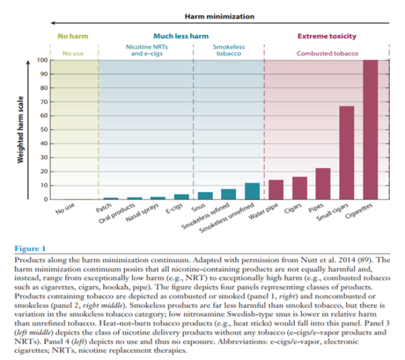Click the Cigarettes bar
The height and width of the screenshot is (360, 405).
click(x=370, y=130)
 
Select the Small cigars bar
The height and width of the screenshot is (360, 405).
click(x=346, y=152)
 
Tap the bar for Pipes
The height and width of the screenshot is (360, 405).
click(x=323, y=184)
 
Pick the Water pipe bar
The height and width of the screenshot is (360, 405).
click(x=276, y=190)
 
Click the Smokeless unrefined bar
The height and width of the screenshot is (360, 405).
click(x=252, y=191)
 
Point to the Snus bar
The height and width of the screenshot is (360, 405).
click(x=205, y=196)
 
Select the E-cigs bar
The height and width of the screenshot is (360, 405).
click(x=182, y=197)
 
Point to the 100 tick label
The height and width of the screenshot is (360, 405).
click(x=42, y=60)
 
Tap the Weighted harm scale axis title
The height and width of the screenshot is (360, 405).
click(x=20, y=130)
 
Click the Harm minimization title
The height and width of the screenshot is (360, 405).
click(x=220, y=17)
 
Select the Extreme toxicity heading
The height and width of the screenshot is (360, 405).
click(x=327, y=36)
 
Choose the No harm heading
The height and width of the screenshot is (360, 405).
click(x=73, y=36)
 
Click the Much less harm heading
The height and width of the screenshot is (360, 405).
click(x=181, y=36)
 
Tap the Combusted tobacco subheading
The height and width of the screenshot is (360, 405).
click(x=327, y=53)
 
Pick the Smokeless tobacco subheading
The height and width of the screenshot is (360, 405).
click(x=229, y=50)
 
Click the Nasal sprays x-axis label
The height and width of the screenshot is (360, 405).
click(x=142, y=212)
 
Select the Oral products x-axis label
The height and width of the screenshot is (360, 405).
click(x=117, y=213)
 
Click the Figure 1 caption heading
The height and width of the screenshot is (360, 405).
click(x=30, y=248)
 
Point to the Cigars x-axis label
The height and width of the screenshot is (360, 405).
click(x=293, y=208)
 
